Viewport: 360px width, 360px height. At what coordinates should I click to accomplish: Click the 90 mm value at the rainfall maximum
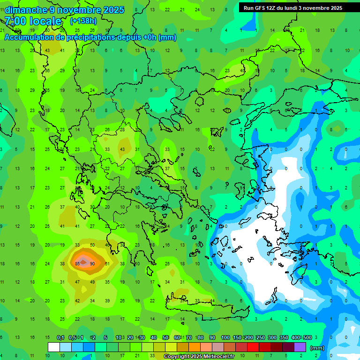point(92,264)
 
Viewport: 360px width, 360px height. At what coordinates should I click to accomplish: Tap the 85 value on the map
point(77,264)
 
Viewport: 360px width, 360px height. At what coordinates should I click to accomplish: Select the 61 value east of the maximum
point(107,264)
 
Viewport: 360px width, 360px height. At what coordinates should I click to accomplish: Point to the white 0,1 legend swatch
point(53,347)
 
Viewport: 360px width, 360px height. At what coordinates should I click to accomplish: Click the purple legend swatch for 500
point(300,347)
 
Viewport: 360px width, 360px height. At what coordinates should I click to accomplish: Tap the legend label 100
point(225,337)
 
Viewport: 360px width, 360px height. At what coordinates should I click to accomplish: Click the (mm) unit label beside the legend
point(317,348)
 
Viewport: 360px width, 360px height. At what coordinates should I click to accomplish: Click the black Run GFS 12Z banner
point(293,7)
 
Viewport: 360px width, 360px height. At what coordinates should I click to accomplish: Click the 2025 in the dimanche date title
point(113,10)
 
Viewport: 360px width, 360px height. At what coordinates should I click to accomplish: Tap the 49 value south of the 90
point(92,282)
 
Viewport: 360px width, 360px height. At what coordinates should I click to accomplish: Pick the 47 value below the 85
point(77,282)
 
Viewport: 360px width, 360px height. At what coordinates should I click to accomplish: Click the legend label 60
point(177,337)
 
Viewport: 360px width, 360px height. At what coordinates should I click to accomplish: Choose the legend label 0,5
point(72,337)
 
